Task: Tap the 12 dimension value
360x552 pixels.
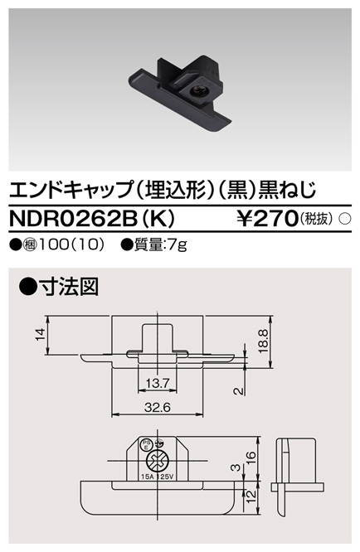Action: [251, 495]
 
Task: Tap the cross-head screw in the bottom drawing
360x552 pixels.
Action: [155, 463]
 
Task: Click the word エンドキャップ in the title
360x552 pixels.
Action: [65, 189]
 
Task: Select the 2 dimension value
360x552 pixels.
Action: [238, 391]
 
